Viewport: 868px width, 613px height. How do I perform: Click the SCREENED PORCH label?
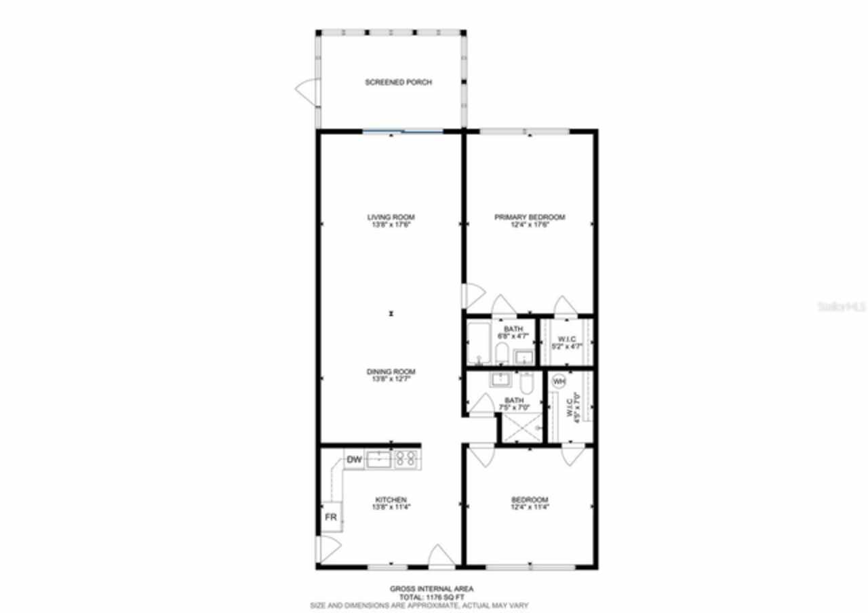(399, 82)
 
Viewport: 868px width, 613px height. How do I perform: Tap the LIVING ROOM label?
(391, 218)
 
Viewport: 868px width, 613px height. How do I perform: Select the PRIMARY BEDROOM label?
(529, 218)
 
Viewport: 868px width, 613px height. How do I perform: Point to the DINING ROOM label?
(391, 372)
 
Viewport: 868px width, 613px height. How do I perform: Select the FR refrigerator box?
(331, 517)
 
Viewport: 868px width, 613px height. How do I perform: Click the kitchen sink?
(378, 460)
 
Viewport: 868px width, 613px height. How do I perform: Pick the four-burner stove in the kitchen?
(406, 460)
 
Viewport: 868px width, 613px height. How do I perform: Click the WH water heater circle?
(558, 382)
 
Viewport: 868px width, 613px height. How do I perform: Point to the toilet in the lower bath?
(528, 382)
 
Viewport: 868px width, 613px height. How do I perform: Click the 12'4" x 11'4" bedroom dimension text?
(529, 507)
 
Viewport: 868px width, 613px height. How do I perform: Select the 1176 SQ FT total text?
(431, 597)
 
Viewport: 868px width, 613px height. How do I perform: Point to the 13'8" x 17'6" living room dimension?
(391, 224)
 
